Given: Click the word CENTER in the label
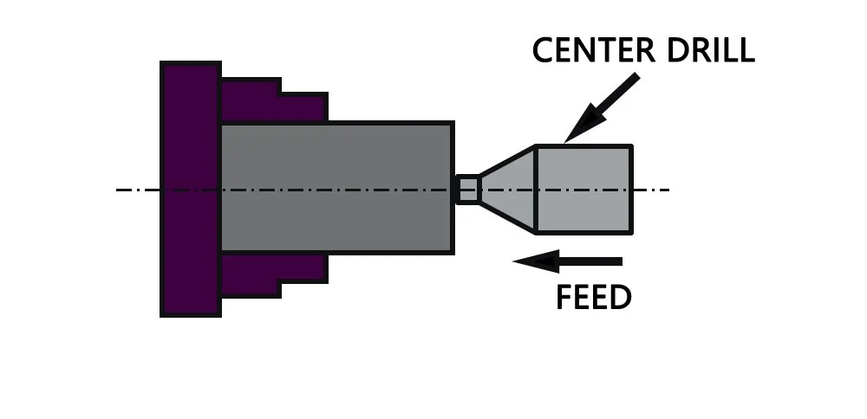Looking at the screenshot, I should [x=590, y=50].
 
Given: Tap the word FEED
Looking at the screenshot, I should [x=593, y=298].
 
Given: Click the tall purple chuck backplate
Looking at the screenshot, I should [x=190, y=189].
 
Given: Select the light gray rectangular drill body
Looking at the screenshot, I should [x=583, y=189].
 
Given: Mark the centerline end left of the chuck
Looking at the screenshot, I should [x=120, y=190].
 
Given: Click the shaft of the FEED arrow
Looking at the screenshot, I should [x=590, y=261].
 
